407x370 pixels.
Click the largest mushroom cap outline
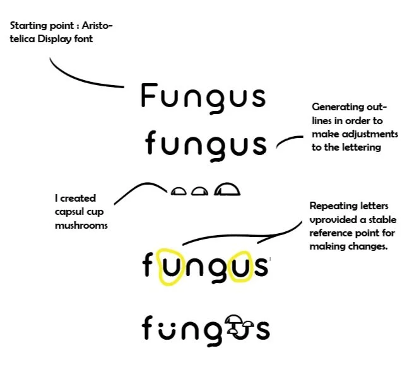pos(227,189)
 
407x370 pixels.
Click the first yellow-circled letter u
pos(170,267)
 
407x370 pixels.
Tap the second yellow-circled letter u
pos(242,267)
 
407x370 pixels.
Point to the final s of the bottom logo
pos(262,330)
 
